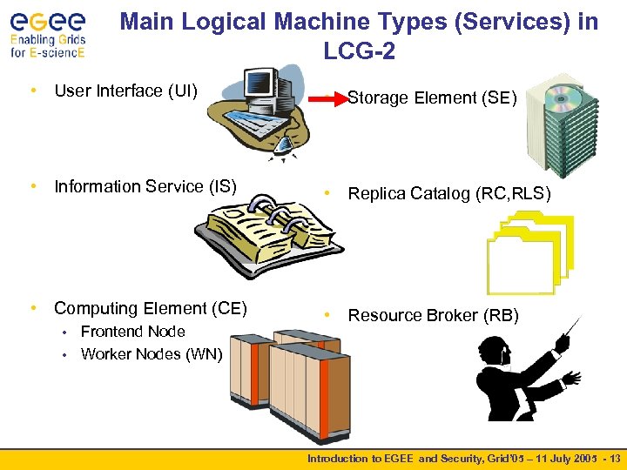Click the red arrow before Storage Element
[x=329, y=98]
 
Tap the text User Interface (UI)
[x=126, y=91]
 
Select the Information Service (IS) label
[x=145, y=186]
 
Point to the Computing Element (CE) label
[x=151, y=308]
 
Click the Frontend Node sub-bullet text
[x=132, y=332]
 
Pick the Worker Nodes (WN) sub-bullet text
[x=152, y=354]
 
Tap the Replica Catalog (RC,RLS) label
[x=449, y=193]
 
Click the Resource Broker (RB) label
[x=433, y=315]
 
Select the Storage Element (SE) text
[x=432, y=98]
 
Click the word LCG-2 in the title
[x=359, y=52]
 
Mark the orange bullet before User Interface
[x=32, y=91]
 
